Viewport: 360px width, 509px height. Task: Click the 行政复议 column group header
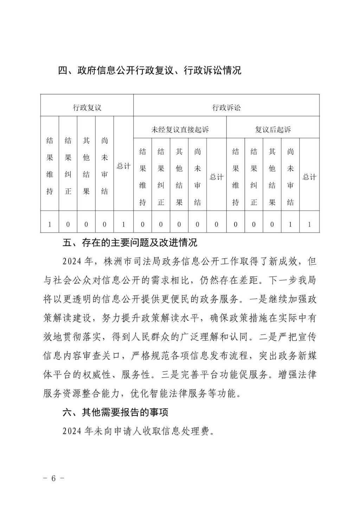87,108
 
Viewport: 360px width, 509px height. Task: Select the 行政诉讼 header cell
226,108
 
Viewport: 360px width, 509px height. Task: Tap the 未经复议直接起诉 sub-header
180,129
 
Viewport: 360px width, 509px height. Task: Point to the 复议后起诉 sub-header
273,129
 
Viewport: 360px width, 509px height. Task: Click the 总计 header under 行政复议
123,166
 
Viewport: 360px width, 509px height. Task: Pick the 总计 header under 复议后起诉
309,177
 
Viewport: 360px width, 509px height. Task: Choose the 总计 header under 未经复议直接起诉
216,177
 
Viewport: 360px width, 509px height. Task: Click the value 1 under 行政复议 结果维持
50,224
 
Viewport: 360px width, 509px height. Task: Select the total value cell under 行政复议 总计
123,224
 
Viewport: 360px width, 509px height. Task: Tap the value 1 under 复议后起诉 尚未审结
290,224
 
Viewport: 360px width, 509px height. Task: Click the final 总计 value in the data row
309,224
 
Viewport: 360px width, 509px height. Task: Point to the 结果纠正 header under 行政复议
68,166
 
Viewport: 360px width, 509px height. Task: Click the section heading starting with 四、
149,70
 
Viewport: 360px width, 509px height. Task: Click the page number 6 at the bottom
53,479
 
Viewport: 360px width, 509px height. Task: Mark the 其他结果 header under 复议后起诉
272,177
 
